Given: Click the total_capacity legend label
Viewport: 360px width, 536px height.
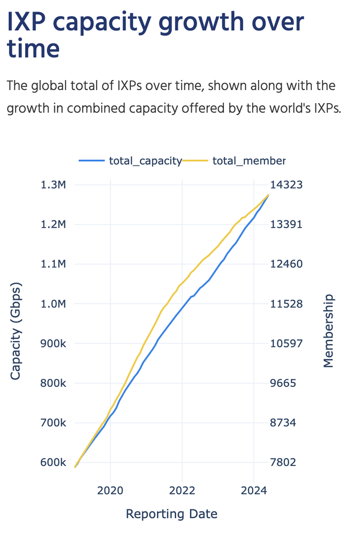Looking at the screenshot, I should click(145, 161).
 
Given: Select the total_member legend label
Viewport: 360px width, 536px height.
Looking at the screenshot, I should click(249, 161).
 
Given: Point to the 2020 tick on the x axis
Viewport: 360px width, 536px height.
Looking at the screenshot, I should click(110, 490).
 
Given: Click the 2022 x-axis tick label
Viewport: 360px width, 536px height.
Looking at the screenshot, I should click(182, 490).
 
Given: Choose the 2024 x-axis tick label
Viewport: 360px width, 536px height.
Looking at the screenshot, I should click(253, 490).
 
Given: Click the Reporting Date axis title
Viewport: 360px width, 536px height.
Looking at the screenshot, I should click(172, 514).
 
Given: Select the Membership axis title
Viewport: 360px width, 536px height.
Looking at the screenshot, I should click(328, 331).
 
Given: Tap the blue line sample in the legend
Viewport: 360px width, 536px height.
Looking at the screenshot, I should click(92, 161).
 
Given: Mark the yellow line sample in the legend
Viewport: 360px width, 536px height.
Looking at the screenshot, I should click(196, 161).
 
